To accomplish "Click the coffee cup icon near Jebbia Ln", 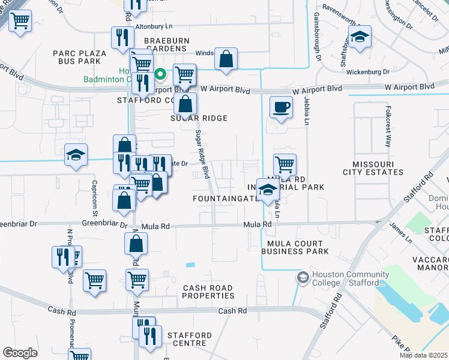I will tap(281, 107).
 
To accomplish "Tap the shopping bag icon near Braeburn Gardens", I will tap(226, 59).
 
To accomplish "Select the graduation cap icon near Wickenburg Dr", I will tap(360, 38).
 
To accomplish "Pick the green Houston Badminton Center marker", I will tap(160, 75).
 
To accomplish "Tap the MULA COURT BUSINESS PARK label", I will tap(295, 247).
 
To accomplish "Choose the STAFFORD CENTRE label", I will tap(190, 339).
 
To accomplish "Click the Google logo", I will tap(20, 352).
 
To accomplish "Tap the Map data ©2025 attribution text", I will tap(424, 355).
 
